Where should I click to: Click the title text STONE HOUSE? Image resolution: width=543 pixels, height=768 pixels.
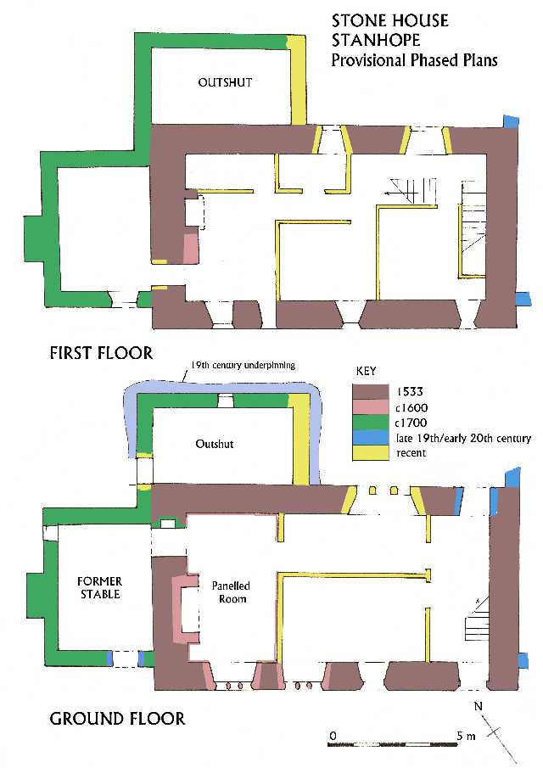coord(389,20)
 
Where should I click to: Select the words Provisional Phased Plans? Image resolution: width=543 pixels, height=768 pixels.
coord(414,59)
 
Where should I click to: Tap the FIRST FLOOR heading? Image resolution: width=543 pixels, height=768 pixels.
coord(101,353)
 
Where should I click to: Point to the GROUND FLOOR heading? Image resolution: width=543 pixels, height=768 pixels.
coord(118,719)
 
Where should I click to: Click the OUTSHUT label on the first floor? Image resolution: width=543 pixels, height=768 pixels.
coord(225,82)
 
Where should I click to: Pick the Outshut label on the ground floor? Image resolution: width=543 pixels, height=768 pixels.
coord(215,444)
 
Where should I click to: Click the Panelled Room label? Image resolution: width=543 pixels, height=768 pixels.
coord(231,592)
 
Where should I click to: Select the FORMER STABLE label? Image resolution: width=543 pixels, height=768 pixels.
coord(99,588)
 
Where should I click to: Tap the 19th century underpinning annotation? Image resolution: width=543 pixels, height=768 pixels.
coord(243,365)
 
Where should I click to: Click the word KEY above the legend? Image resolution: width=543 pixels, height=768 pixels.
coord(366,371)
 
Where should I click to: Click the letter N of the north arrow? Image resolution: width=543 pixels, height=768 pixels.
coord(478,706)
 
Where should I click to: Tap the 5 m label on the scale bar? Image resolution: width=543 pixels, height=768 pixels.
coord(466,735)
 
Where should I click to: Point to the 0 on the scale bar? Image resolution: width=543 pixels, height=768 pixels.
coord(333,736)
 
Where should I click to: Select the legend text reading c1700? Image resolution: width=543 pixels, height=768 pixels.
coord(411,423)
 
